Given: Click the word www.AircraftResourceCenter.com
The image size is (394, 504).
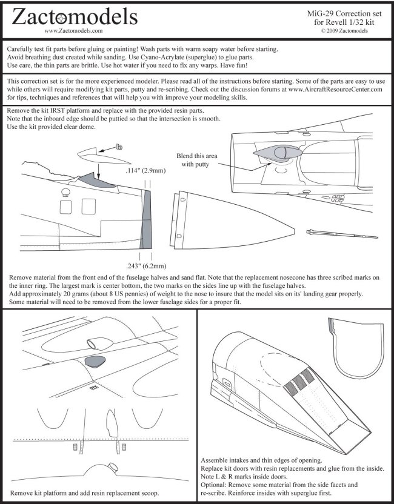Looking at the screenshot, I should tap(336, 89).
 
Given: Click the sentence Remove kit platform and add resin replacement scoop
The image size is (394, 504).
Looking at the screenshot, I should tap(85, 493).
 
